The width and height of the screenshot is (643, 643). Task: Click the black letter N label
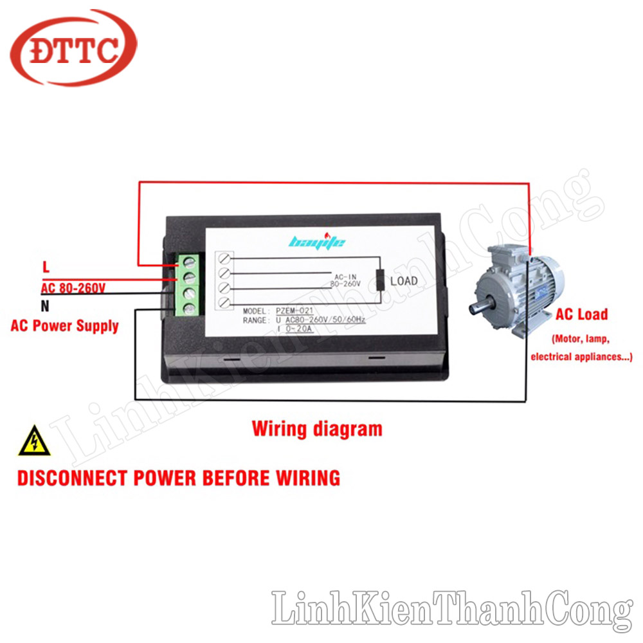click(x=45, y=306)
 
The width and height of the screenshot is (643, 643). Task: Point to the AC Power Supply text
click(x=65, y=325)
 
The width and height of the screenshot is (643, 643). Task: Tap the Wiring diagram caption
click(x=317, y=428)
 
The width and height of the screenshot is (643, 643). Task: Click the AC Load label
click(x=581, y=315)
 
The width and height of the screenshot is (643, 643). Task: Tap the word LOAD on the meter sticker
click(x=404, y=281)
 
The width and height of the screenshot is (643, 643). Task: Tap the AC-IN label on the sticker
click(x=345, y=275)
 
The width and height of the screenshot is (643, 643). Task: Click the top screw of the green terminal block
click(x=190, y=262)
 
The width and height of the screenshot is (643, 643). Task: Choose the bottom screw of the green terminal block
click(x=190, y=309)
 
